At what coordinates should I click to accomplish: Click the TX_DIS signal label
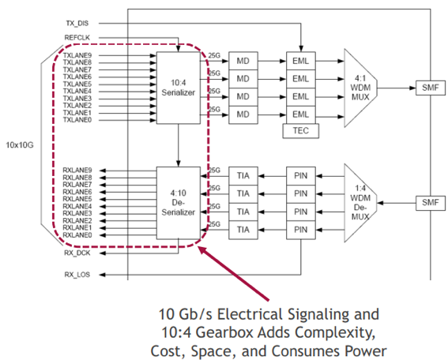pyautogui.click(x=77, y=24)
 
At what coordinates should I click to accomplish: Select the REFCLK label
pyautogui.click(x=77, y=38)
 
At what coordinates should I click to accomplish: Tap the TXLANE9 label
pyautogui.click(x=77, y=55)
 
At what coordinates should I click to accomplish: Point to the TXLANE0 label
pyautogui.click(x=77, y=120)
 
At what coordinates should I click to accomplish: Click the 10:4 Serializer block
pyautogui.click(x=179, y=88)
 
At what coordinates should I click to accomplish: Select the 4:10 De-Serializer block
pyautogui.click(x=179, y=203)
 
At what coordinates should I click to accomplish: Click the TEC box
pyautogui.click(x=301, y=131)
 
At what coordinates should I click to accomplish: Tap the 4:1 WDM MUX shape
pyautogui.click(x=360, y=88)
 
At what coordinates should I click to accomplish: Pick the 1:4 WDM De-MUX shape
pyautogui.click(x=360, y=203)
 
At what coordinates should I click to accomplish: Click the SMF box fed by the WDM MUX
pyautogui.click(x=431, y=88)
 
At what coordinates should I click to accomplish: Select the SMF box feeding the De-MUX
pyautogui.click(x=431, y=203)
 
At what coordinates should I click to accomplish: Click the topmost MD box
pyautogui.click(x=243, y=61)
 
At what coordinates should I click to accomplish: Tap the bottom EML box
pyautogui.click(x=301, y=114)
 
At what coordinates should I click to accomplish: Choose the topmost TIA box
pyautogui.click(x=243, y=176)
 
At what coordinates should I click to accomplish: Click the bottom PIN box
pyautogui.click(x=301, y=230)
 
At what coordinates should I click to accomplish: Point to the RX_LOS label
pyautogui.click(x=77, y=275)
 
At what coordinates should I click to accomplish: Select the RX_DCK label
pyautogui.click(x=77, y=253)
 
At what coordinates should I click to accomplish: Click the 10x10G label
pyautogui.click(x=20, y=145)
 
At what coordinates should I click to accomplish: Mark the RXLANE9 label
pyautogui.click(x=77, y=171)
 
